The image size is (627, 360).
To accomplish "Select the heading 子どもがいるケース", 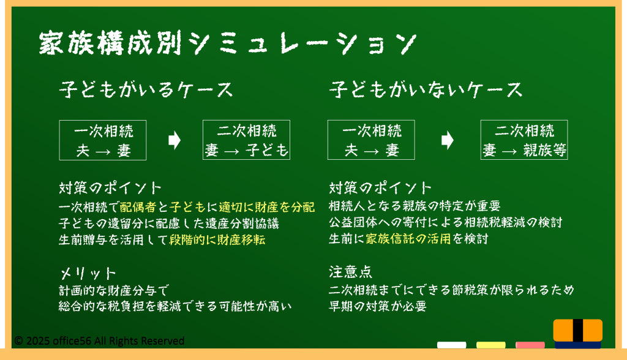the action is (146, 89).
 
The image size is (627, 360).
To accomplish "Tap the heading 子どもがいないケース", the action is (426, 89).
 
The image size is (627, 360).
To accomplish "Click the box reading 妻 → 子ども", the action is (246, 140).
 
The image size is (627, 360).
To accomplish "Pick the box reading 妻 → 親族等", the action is (524, 140).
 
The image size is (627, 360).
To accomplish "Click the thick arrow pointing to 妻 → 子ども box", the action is (175, 140).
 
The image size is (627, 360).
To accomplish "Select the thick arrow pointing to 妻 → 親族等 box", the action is (448, 140).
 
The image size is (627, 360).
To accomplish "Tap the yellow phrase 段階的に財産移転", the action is (217, 239).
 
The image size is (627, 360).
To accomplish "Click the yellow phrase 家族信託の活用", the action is (408, 239).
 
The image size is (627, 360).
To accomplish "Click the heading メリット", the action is (88, 274).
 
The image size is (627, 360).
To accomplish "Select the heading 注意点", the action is (351, 272).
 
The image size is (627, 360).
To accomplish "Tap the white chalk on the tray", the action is (451, 345).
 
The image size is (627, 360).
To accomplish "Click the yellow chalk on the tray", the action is (490, 345).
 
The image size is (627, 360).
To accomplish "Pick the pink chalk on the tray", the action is (530, 345).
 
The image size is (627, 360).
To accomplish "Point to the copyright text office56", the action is (72, 341).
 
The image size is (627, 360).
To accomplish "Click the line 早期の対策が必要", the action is (378, 306).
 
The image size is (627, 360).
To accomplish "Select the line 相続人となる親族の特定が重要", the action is (415, 206).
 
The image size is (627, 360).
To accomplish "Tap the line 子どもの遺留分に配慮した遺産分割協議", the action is (169, 223).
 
